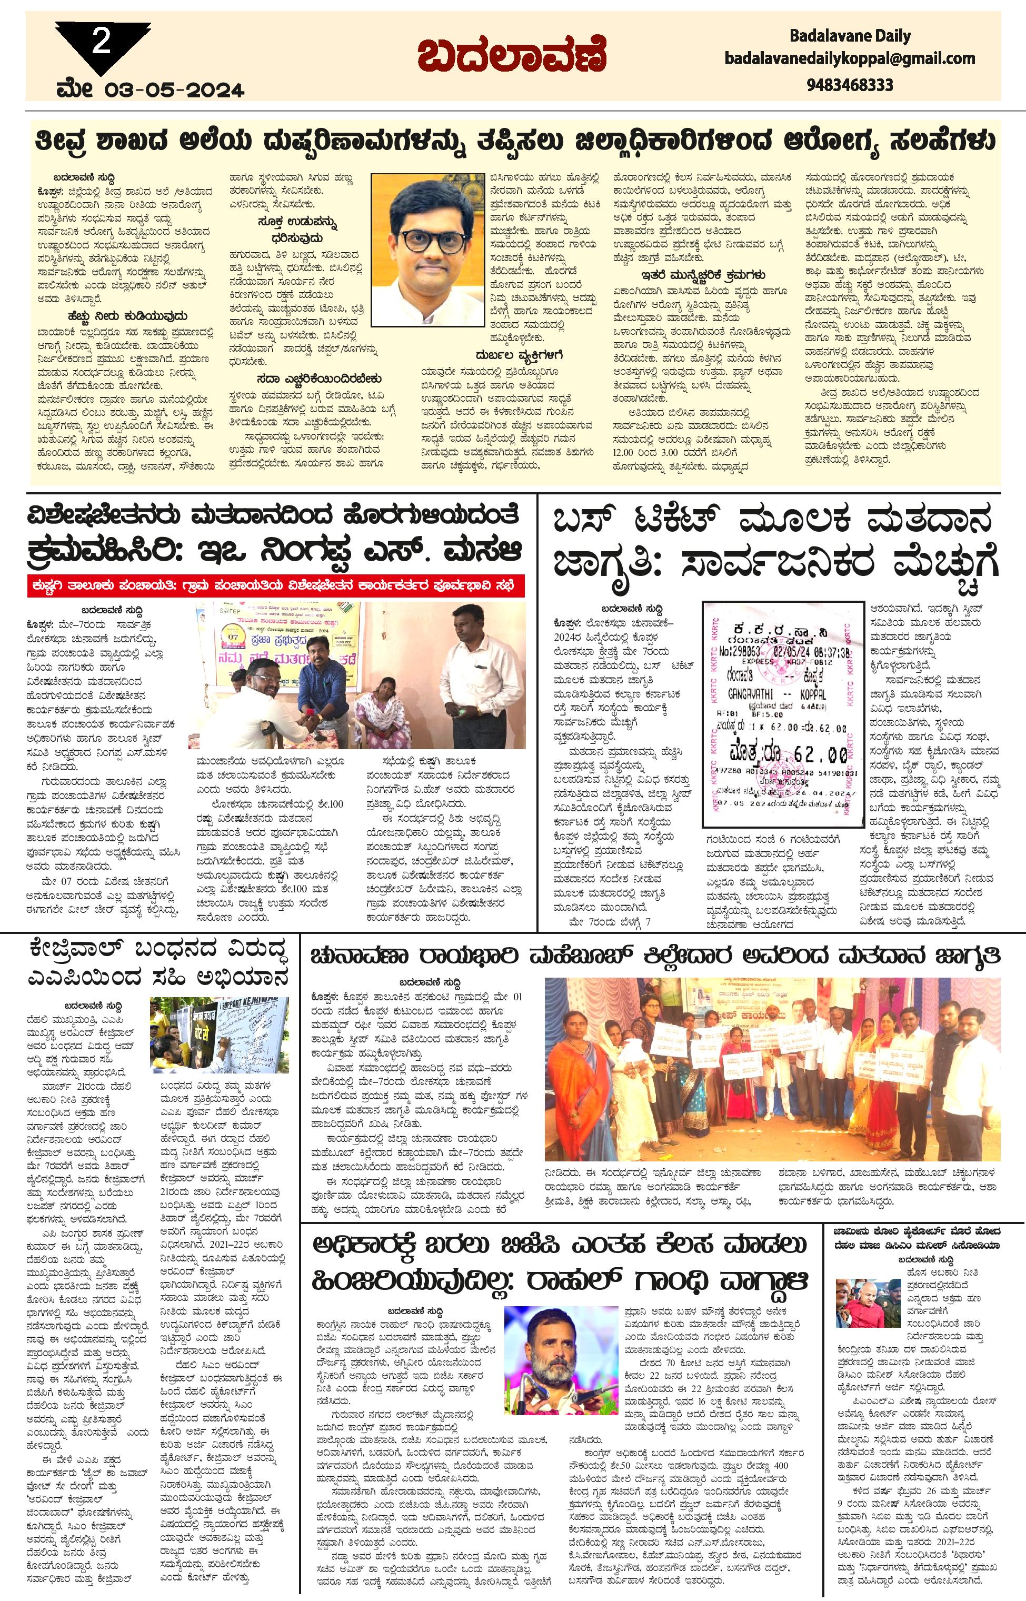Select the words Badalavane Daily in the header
[x=850, y=36]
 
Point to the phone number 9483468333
[x=850, y=85]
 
